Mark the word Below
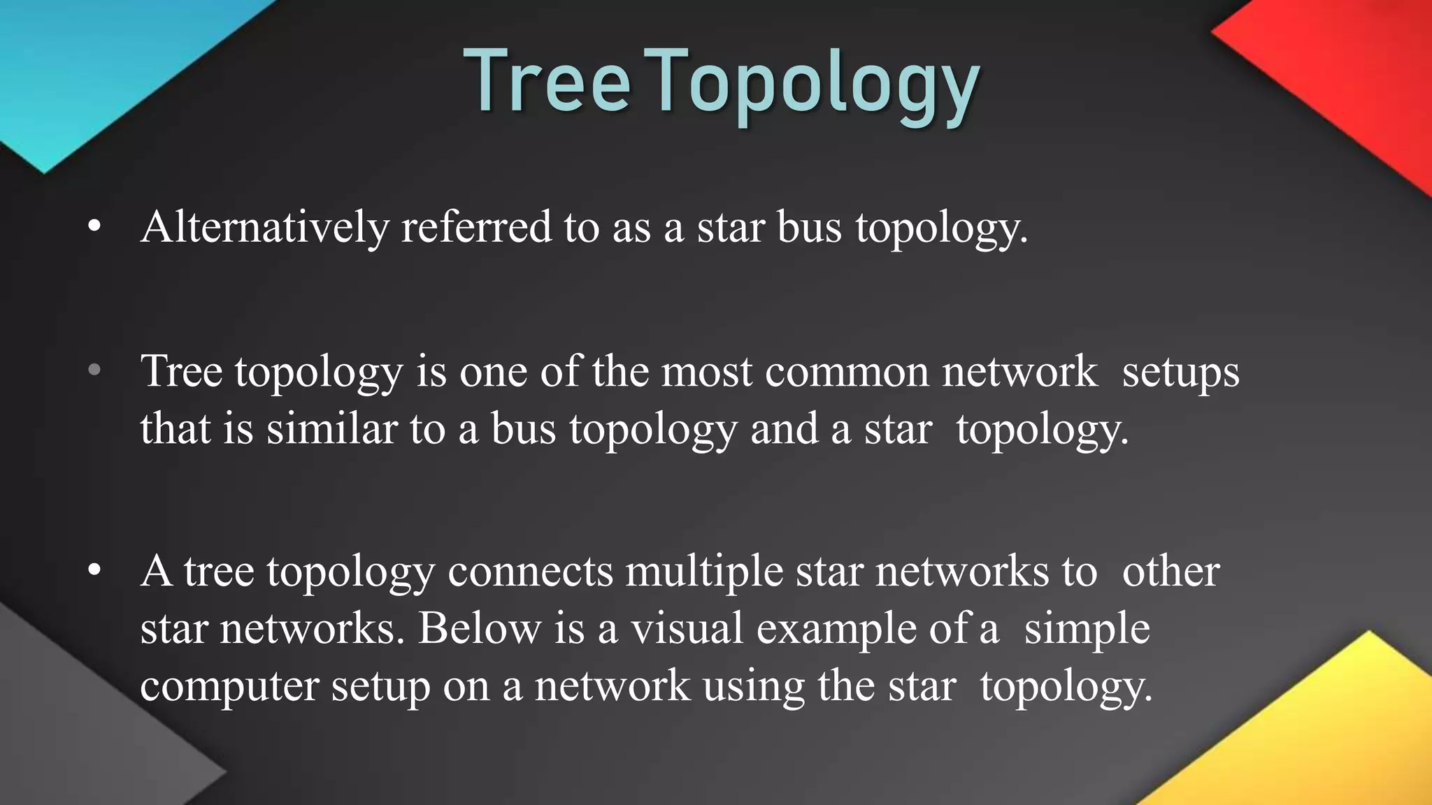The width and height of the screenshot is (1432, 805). [x=480, y=628]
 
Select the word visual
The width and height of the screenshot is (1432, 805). [x=687, y=628]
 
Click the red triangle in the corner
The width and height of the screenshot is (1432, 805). [x=1349, y=77]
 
